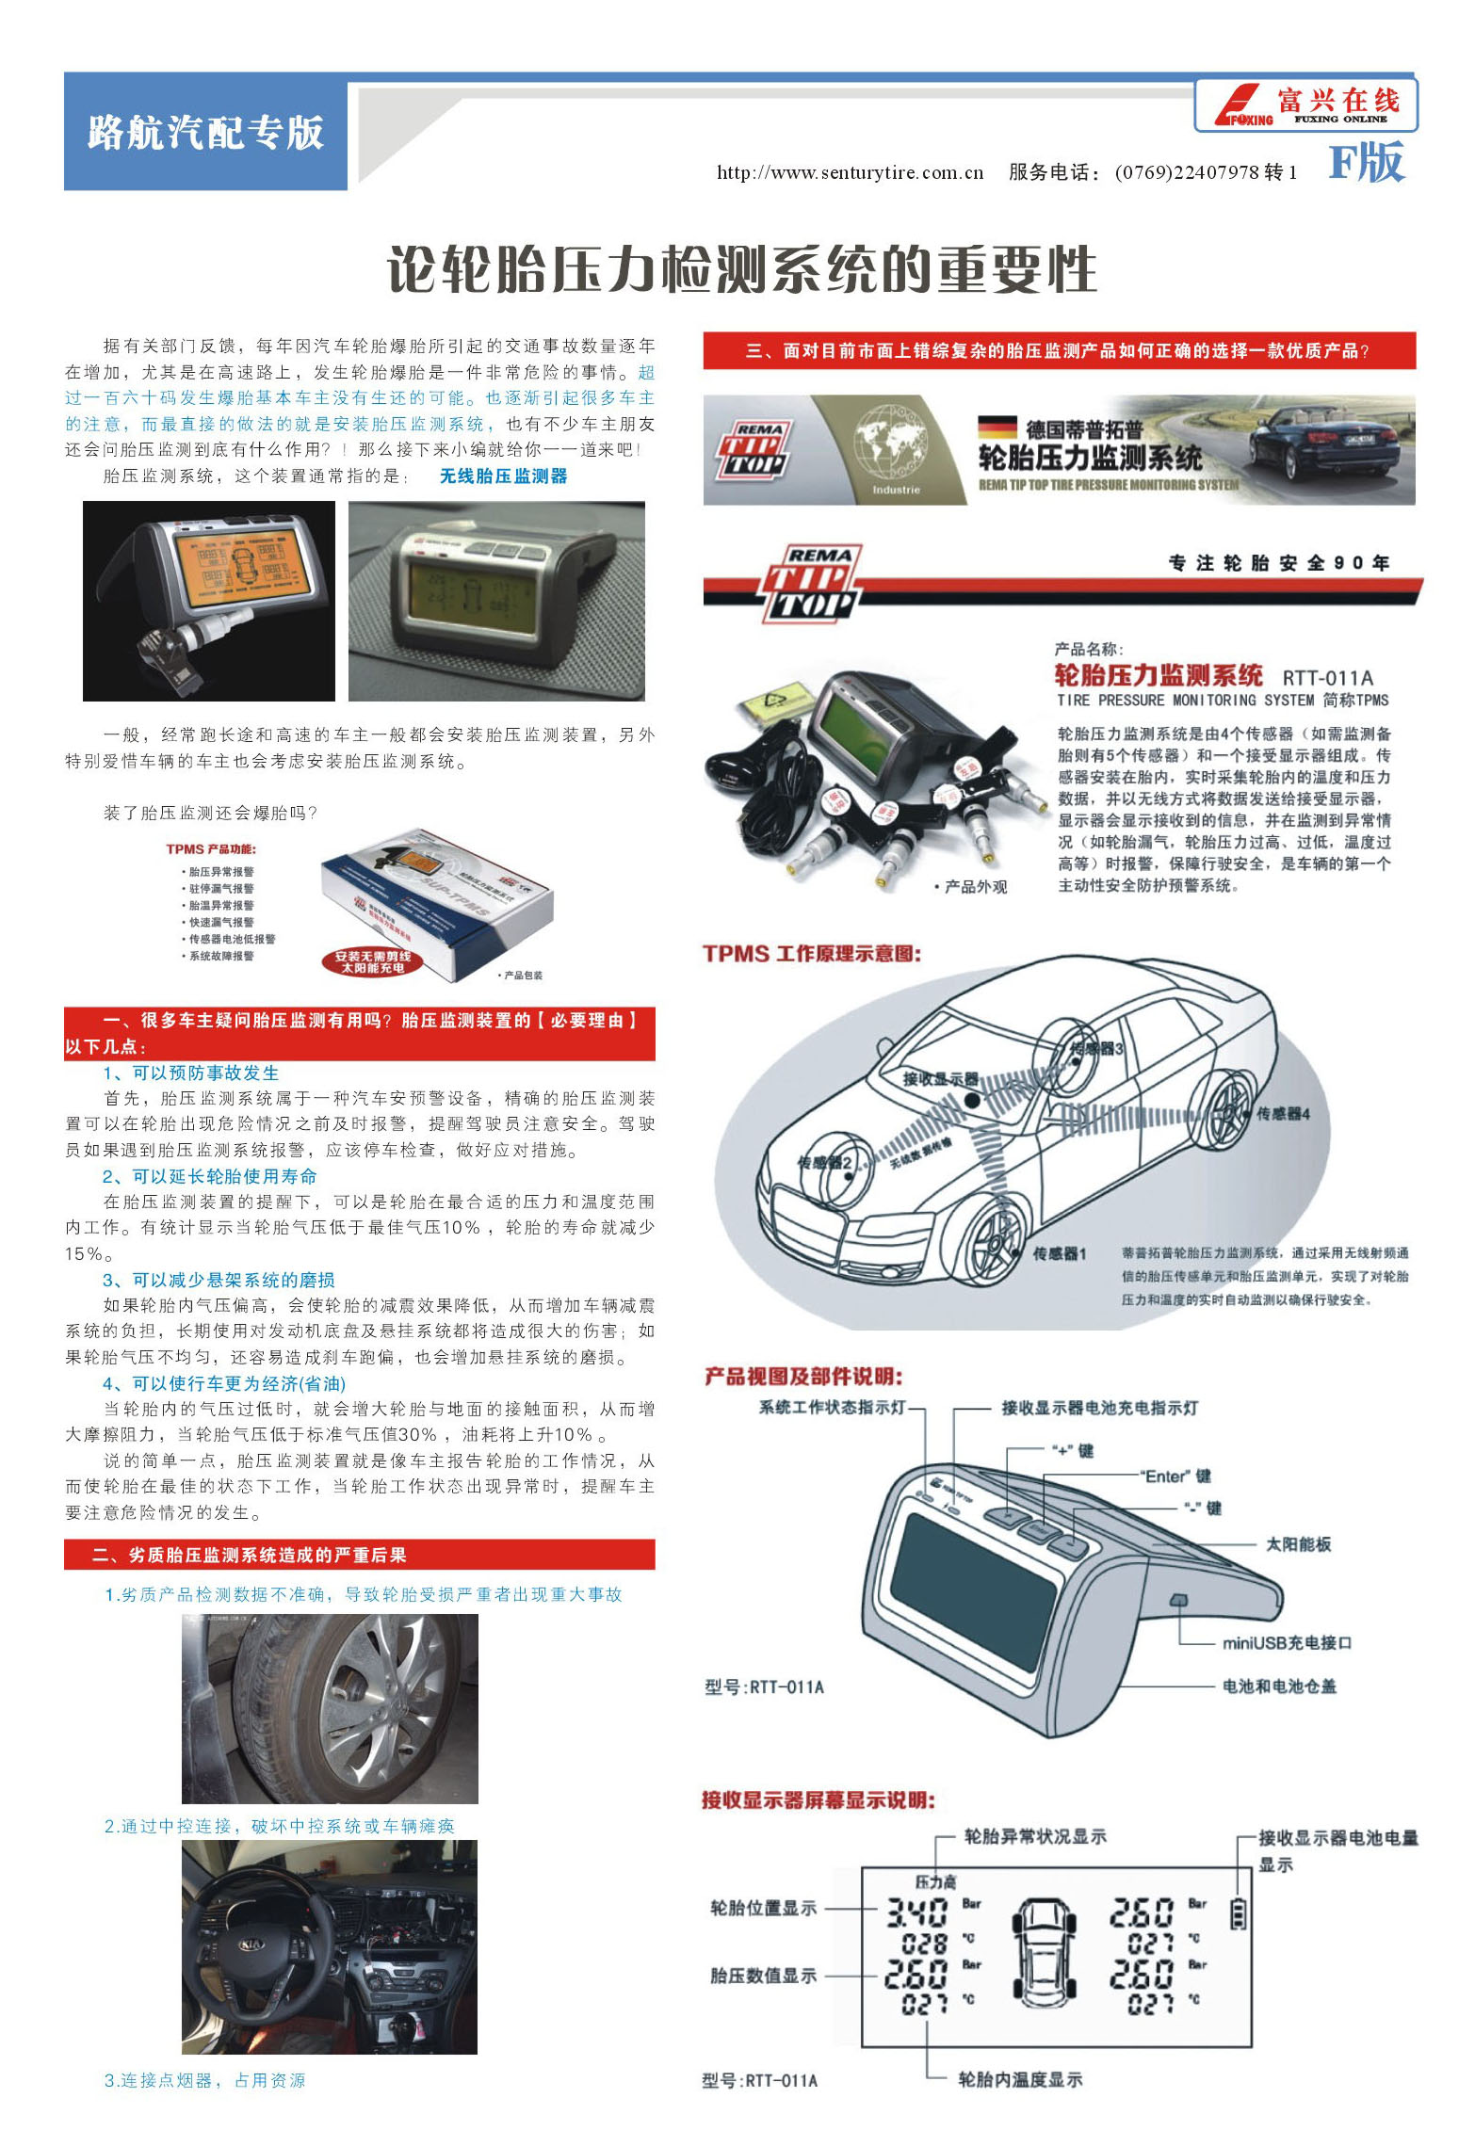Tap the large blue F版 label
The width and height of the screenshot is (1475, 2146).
pos(1366,163)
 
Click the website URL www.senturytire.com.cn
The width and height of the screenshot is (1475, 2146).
pos(850,172)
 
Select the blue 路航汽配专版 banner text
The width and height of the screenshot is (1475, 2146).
pos(205,132)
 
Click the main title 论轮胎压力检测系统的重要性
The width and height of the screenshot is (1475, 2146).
pos(742,270)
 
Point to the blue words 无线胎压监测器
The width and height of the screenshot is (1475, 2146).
pos(504,476)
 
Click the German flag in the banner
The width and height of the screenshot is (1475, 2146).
pos(997,428)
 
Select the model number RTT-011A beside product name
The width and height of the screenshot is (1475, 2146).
pos(1327,678)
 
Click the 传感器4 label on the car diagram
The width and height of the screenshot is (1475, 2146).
pos(1283,1114)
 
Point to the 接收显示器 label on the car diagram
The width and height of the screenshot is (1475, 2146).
pos(940,1079)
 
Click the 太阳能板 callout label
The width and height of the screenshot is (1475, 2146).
pos(1298,1544)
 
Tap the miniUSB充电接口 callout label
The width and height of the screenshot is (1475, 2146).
pos(1287,1643)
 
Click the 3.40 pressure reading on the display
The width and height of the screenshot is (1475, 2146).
pos(916,1912)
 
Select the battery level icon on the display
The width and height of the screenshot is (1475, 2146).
pos(1239,1913)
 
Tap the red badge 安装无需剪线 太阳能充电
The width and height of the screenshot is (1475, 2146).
pos(373,961)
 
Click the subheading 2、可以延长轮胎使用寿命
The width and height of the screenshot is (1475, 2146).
pos(209,1177)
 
